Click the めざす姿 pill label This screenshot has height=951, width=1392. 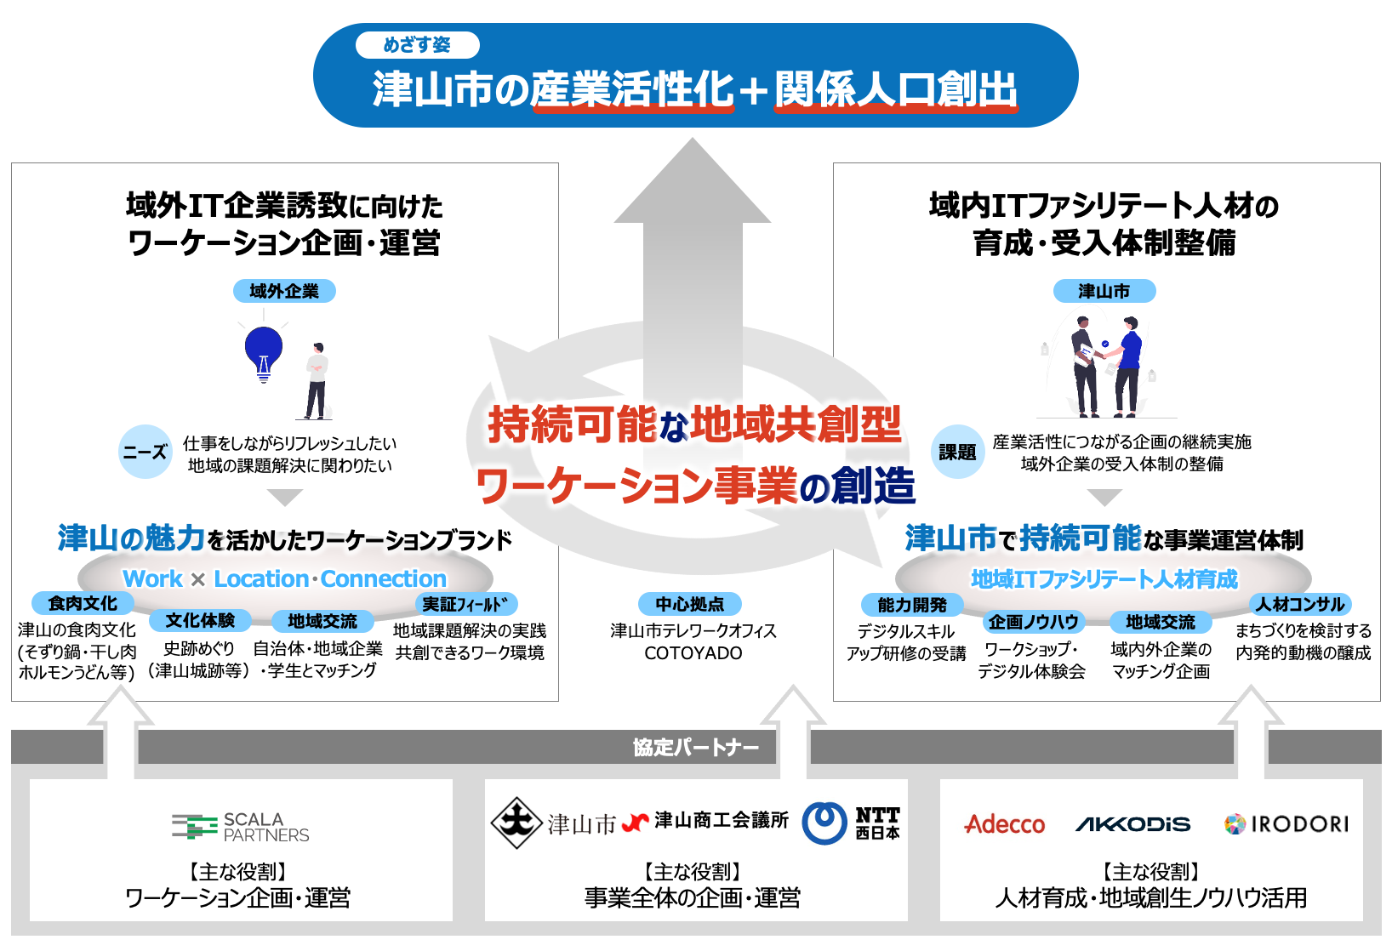(417, 45)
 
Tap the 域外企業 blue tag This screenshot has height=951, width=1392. (284, 291)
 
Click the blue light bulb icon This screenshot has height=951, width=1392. (264, 351)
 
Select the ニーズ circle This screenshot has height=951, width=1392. (145, 452)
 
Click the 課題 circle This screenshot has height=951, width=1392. (957, 452)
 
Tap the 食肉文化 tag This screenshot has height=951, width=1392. (83, 603)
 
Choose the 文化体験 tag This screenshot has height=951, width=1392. (200, 621)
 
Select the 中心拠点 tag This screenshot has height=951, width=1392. (690, 604)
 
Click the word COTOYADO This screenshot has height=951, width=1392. (693, 653)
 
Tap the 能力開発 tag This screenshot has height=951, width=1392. (912, 605)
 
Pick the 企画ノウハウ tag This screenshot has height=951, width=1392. (1033, 622)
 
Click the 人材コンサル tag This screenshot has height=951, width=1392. (1301, 605)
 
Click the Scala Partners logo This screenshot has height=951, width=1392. (241, 826)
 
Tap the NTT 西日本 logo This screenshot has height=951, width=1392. (852, 823)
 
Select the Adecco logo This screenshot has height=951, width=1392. (1005, 824)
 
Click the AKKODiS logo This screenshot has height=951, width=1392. (1132, 824)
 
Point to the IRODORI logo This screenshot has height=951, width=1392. (1286, 824)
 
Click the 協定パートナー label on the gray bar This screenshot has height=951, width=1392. (696, 748)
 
